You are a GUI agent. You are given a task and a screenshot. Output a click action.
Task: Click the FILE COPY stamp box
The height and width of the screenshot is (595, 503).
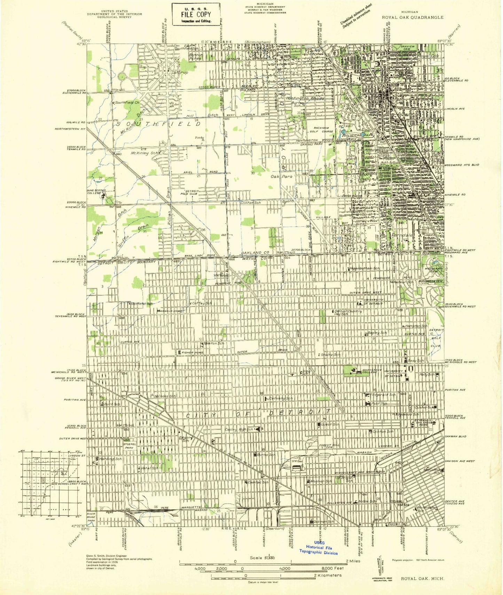click(x=196, y=14)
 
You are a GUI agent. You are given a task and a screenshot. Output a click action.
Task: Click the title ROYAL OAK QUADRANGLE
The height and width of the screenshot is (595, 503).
click(x=412, y=17)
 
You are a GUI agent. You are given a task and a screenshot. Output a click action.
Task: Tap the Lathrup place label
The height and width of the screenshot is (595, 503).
click(x=180, y=72)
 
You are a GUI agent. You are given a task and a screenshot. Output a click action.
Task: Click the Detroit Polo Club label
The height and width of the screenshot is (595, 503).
click(x=189, y=192)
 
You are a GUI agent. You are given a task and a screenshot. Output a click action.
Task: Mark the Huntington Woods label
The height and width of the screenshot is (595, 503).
click(x=305, y=98)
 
